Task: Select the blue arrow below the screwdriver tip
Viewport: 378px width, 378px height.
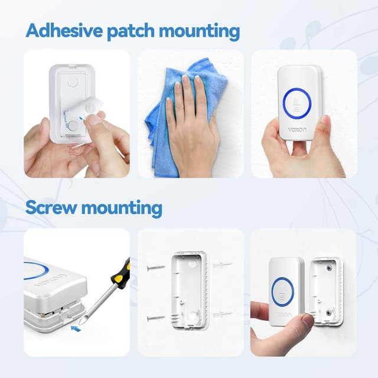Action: (76, 324)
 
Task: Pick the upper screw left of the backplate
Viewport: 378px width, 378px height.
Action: (156, 268)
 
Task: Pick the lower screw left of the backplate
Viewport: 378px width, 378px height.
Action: (156, 318)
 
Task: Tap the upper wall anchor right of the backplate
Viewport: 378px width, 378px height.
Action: (222, 265)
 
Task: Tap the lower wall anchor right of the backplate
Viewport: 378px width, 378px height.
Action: (222, 314)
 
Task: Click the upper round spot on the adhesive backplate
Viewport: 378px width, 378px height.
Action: (73, 83)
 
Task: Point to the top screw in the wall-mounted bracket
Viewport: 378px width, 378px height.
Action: (329, 268)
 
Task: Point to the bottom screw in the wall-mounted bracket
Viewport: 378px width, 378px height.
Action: (329, 312)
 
